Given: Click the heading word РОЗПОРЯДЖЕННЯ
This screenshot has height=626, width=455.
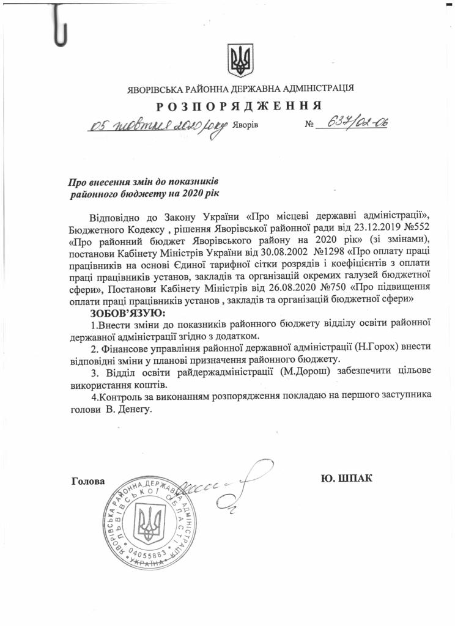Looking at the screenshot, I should pos(239,106).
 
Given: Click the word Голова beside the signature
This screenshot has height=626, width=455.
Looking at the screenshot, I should pos(88,481).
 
